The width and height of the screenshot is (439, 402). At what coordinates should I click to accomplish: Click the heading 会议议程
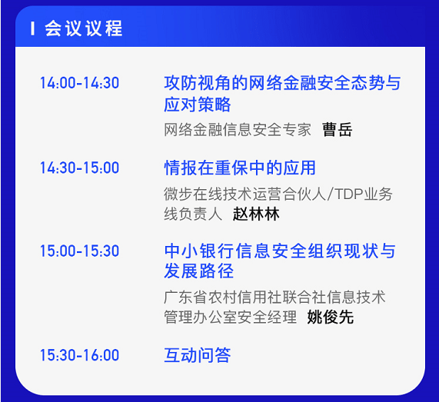84,29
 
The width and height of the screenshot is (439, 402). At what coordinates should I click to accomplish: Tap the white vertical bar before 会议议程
32,29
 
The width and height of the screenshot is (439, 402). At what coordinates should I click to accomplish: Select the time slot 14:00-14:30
79,83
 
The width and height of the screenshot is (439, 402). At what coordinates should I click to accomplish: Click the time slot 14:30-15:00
79,168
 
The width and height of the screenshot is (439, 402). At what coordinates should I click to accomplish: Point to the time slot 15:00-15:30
79,251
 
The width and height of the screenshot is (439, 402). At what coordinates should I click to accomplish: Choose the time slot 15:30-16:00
79,355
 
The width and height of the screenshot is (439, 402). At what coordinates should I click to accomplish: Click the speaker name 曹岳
337,129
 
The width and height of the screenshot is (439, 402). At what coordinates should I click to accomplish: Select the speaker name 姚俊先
331,317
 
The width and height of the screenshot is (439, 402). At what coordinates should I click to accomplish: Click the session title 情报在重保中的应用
240,168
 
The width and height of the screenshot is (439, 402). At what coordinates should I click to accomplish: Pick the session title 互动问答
198,355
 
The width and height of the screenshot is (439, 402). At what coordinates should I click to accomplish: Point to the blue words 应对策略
198,105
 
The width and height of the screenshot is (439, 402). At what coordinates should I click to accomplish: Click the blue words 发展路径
198,272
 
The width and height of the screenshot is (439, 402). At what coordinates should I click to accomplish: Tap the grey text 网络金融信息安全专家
238,129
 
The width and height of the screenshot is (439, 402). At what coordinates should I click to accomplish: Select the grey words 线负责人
193,214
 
